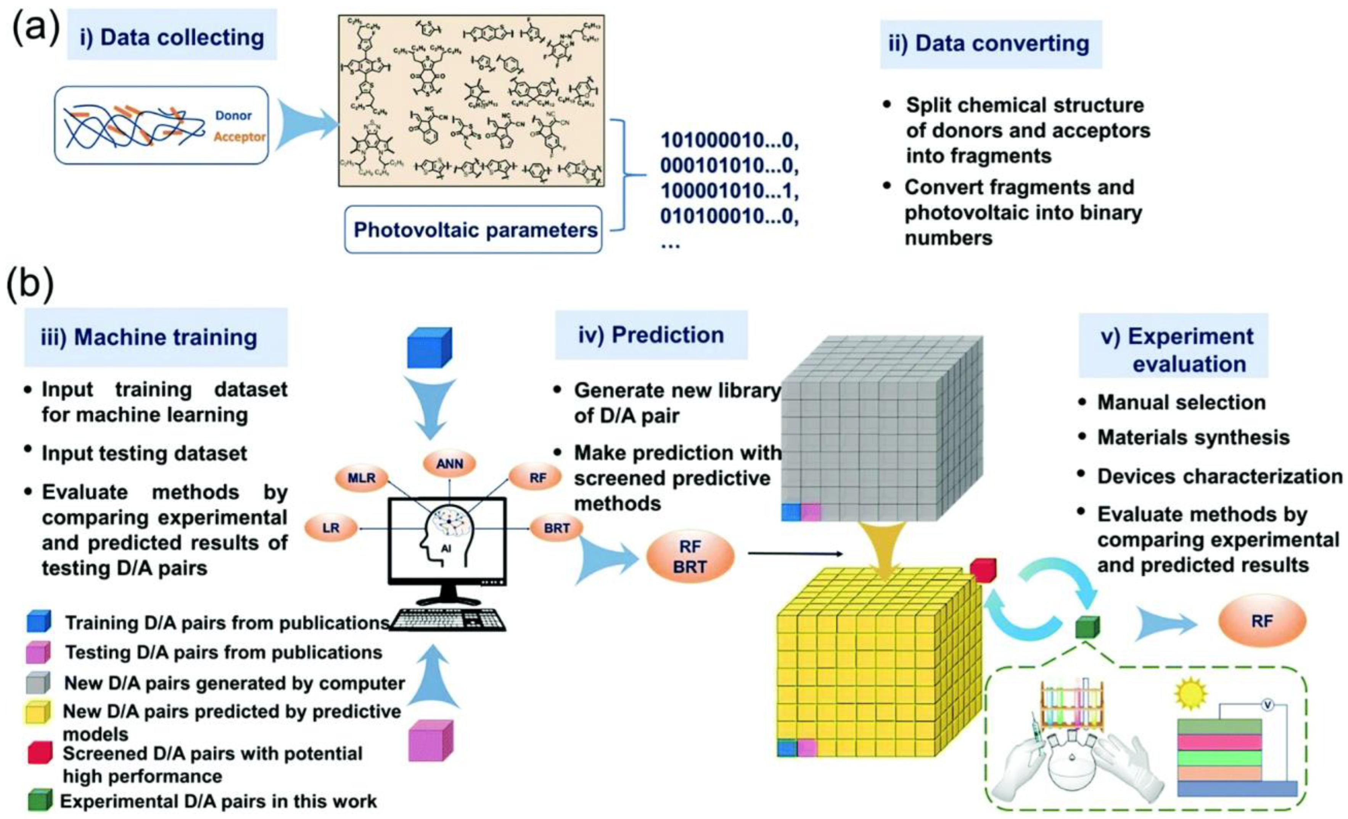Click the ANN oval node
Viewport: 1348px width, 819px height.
pyautogui.click(x=449, y=464)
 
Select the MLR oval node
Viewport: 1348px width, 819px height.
pyautogui.click(x=362, y=478)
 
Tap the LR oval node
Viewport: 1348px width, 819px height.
pyautogui.click(x=331, y=528)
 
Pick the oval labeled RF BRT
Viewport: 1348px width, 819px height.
pyautogui.click(x=690, y=556)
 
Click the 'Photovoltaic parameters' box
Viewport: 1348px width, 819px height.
pyautogui.click(x=473, y=230)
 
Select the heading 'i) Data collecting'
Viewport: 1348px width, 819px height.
pyautogui.click(x=172, y=37)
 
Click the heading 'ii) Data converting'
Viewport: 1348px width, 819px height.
pyautogui.click(x=990, y=44)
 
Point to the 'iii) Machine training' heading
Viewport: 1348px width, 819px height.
pyautogui.click(x=156, y=337)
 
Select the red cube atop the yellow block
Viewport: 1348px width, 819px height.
pyautogui.click(x=983, y=571)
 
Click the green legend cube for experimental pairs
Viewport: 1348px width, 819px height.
pyautogui.click(x=39, y=800)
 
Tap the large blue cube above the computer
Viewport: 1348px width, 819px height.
pyautogui.click(x=429, y=347)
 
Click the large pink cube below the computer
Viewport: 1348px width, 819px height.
pyautogui.click(x=431, y=741)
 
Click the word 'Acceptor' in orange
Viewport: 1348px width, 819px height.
pyautogui.click(x=239, y=137)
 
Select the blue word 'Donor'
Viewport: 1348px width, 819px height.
pyautogui.click(x=233, y=116)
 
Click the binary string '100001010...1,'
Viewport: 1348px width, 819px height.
pyautogui.click(x=729, y=191)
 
